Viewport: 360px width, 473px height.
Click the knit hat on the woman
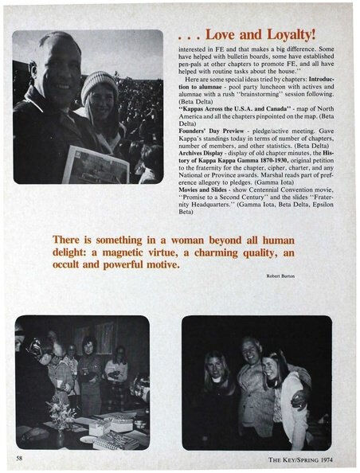(100, 83)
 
